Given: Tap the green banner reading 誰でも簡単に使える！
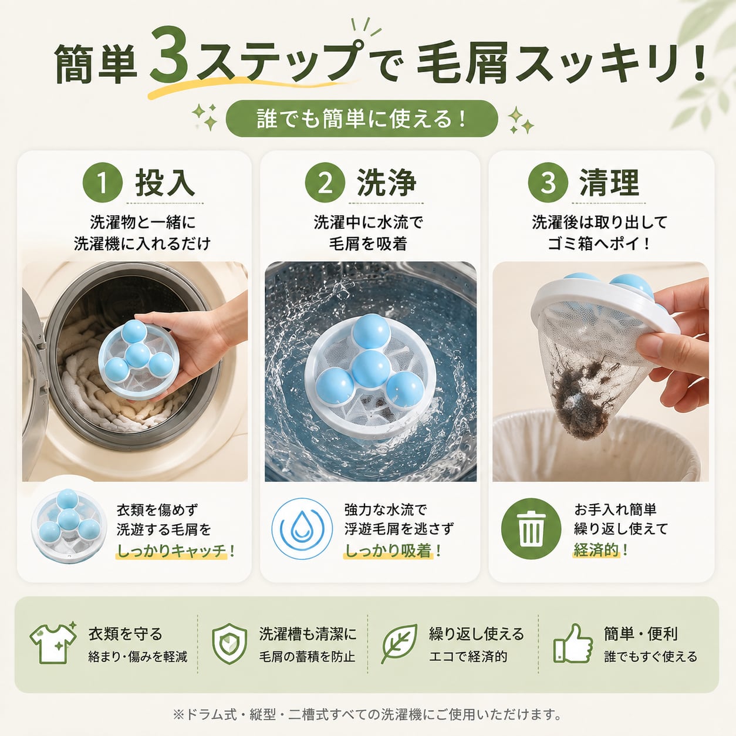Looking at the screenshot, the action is [362, 119].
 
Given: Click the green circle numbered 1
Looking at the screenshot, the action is [102, 183].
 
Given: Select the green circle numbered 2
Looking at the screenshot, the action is [325, 183].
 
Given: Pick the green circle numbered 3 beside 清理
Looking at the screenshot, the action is [548, 183].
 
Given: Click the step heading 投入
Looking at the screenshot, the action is [166, 183].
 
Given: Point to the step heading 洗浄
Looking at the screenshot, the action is [387, 183].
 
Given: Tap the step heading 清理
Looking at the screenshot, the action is [609, 183].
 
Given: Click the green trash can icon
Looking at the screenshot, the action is [531, 529].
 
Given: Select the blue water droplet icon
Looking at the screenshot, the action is [302, 529].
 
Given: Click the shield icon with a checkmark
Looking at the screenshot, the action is [229, 644].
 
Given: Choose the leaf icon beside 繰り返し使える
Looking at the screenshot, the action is [400, 644].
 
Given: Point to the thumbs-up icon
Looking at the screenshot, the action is [573, 645].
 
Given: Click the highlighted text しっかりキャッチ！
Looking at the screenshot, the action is [175, 551].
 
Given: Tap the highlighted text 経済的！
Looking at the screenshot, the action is [600, 551].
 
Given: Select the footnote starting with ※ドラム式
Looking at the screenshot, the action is [367, 714].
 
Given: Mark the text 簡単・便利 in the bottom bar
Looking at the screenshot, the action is [640, 634].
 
